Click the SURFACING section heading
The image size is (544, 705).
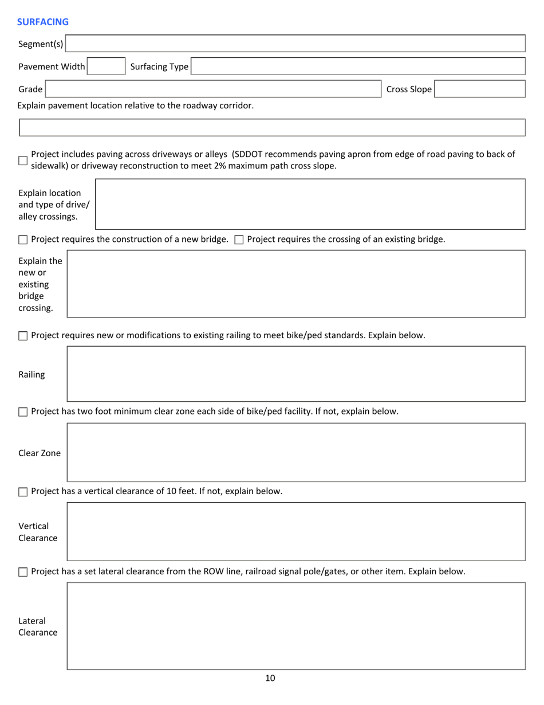coord(43,22)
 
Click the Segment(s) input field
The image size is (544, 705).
coord(295,44)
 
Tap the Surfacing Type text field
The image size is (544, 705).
coord(357,66)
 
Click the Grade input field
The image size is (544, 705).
coord(213,89)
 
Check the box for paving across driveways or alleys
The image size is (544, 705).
coord(23,160)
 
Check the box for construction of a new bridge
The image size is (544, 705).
coord(23,240)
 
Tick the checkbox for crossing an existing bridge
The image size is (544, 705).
coord(239,240)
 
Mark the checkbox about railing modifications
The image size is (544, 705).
coord(23,336)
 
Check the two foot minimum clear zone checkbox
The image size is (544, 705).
coord(23,412)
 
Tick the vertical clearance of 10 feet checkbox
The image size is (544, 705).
coord(23,492)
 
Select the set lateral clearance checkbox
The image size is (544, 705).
coord(23,572)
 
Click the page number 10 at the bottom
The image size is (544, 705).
coord(270,678)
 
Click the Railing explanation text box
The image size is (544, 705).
coord(296,374)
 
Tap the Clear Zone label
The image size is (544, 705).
coord(40,453)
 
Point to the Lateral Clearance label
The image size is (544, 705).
coord(38,626)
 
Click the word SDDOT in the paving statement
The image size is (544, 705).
coord(247,154)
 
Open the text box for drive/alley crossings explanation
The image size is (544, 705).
coord(310,204)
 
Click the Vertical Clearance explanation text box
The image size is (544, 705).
coord(296,531)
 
